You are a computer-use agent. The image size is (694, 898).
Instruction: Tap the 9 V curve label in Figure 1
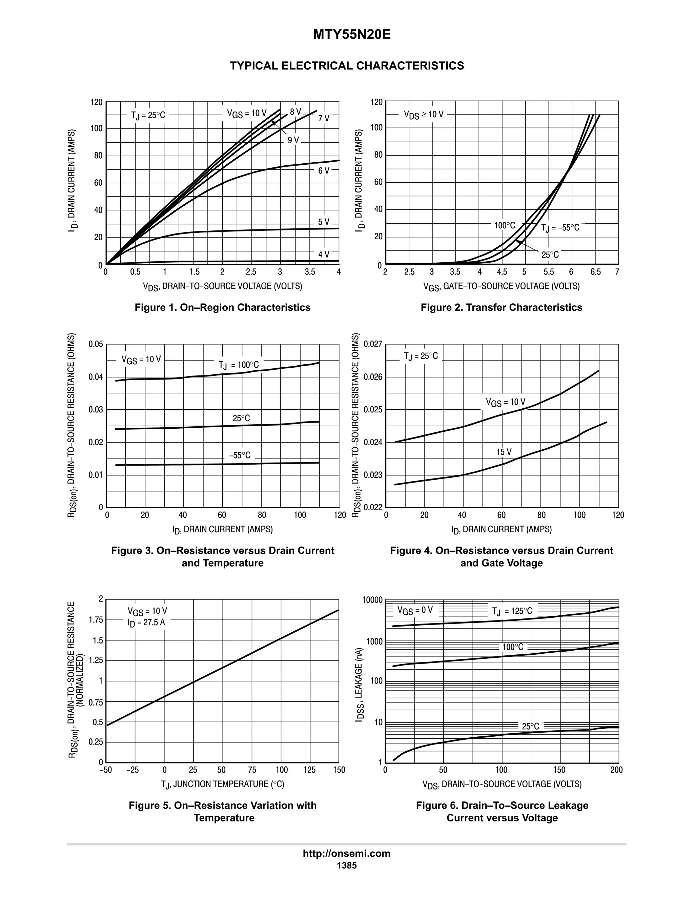pos(293,140)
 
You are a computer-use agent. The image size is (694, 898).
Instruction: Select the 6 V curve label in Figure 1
pos(324,170)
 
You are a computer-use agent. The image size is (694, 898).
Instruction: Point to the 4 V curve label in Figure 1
pos(324,254)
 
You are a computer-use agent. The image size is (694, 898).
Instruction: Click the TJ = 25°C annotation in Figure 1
pos(148,115)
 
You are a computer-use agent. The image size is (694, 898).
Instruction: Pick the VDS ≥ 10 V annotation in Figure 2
pos(424,114)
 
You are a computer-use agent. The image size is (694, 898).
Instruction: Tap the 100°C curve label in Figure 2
pos(505,225)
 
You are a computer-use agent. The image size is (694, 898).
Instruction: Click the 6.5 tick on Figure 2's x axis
pos(595,272)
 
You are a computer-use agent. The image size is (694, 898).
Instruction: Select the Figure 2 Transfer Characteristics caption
pos(501,308)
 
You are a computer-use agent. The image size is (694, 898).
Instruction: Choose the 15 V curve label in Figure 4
pos(504,452)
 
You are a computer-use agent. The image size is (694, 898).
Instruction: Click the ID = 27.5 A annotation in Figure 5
pos(146,623)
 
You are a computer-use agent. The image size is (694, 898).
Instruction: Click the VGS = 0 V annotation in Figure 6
pos(415,610)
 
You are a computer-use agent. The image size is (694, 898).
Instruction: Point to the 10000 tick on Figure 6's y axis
pos(372,600)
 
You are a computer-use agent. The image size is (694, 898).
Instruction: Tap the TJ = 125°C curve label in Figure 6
pos(512,611)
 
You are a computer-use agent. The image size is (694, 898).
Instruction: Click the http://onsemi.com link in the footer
pos(347,853)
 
